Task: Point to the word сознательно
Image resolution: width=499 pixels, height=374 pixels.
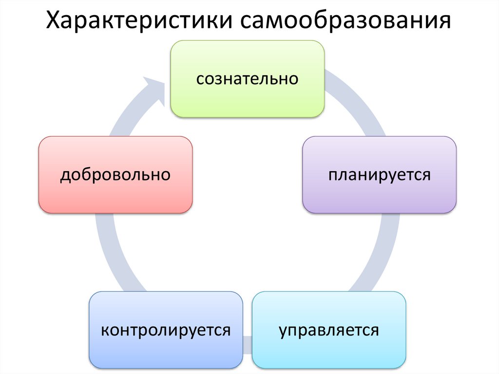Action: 247,79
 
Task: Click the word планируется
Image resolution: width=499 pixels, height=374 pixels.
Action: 379,174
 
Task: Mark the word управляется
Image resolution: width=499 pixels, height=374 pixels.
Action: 329,330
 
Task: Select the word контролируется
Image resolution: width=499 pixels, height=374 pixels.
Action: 166,330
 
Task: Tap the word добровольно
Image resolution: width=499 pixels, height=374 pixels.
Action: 115,174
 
